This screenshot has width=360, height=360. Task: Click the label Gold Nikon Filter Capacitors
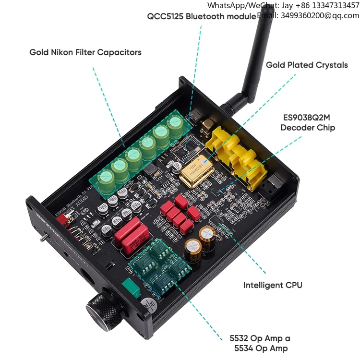pos(85,52)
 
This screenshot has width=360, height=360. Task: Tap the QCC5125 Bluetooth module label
pos(202,16)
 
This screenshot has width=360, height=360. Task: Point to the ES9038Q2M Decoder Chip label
pos(308,123)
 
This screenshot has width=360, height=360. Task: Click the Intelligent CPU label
pos(273,285)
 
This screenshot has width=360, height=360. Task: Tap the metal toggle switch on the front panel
pos(42,239)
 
